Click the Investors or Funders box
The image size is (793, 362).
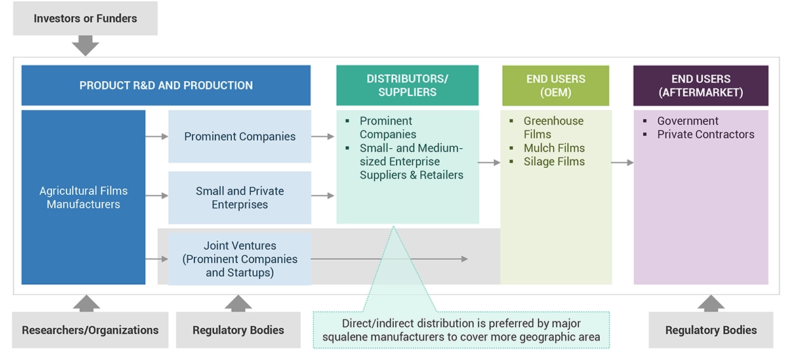click(85, 18)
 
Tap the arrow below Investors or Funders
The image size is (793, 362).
click(85, 45)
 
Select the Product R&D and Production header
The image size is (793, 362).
click(166, 85)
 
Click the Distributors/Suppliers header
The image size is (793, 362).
click(407, 85)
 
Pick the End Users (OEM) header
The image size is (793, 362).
click(555, 85)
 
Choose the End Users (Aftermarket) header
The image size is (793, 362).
click(701, 85)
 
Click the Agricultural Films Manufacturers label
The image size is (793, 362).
click(83, 198)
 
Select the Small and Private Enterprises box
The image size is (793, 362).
click(240, 198)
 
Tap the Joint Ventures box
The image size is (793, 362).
click(240, 259)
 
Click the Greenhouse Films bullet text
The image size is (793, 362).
click(553, 128)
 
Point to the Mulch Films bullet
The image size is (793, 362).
click(554, 148)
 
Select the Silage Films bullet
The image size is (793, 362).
click(554, 162)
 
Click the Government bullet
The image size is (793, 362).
click(687, 121)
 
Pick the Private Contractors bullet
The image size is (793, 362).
click(706, 135)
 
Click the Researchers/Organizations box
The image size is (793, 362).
click(90, 330)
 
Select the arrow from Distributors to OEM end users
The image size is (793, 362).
click(489, 163)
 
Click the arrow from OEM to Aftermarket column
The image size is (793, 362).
click(622, 163)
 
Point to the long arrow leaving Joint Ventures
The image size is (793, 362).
click(389, 259)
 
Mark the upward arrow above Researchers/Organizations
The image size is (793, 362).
click(86, 303)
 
